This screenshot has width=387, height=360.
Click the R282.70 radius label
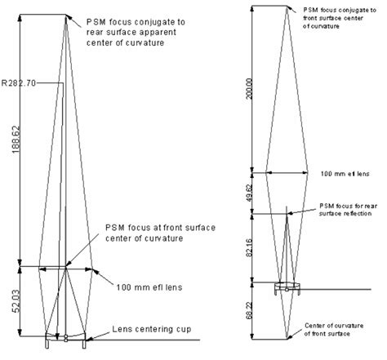pyautogui.click(x=22, y=82)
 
